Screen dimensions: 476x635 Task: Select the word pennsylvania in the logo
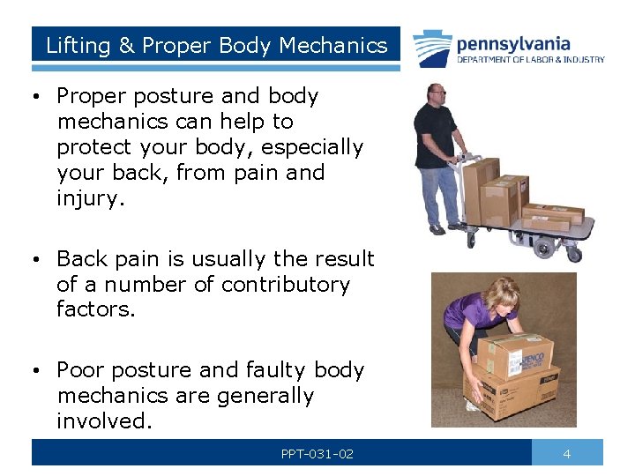[x=513, y=43]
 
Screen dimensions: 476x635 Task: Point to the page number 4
[x=567, y=453]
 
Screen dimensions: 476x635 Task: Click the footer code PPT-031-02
[x=317, y=453]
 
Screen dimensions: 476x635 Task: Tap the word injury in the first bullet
[x=91, y=198]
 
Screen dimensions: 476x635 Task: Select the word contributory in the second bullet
[x=285, y=285]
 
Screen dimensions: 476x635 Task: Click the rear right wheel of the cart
[x=574, y=254]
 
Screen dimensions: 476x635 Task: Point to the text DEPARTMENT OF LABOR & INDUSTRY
[x=530, y=60]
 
